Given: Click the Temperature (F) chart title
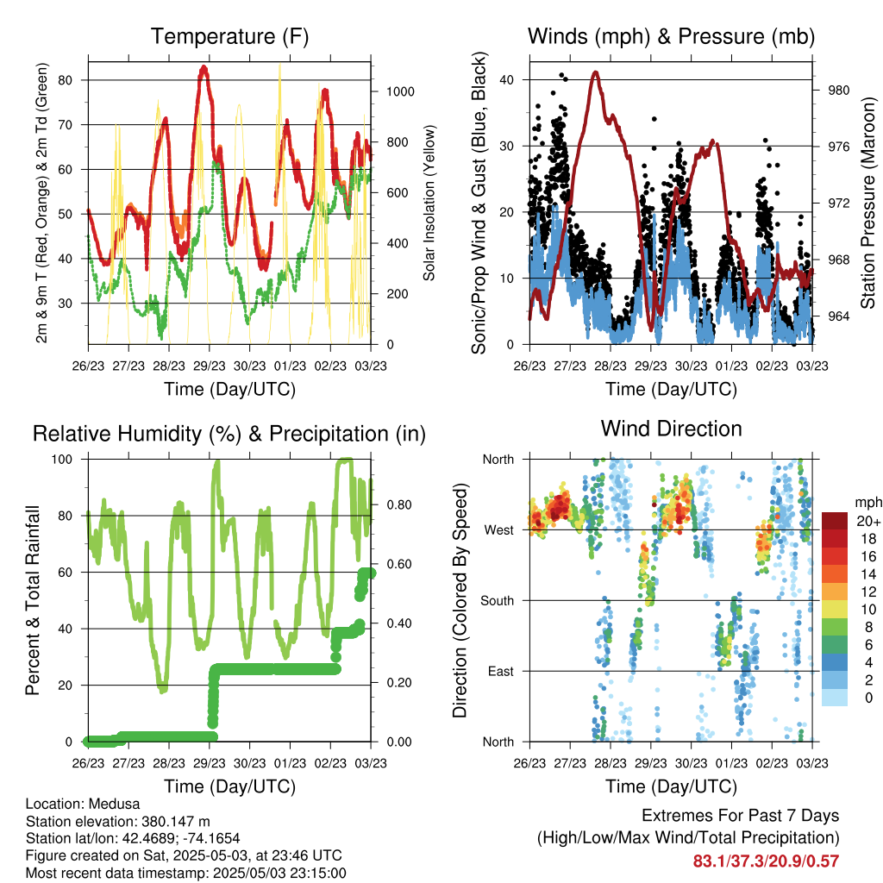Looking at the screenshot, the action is click(229, 36).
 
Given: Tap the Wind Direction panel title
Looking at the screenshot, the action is click(671, 429).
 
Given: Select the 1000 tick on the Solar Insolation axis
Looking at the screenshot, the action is click(400, 91).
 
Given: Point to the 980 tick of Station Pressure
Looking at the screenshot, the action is click(838, 90).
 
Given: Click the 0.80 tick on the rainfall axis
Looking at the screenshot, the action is click(399, 505).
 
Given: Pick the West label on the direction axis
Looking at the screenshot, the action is click(499, 530).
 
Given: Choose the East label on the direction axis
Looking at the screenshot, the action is click(501, 671).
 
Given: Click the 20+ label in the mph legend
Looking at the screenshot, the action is click(868, 521).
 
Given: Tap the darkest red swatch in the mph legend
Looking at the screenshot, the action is click(835, 521).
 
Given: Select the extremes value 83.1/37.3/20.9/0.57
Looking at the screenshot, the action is click(766, 861).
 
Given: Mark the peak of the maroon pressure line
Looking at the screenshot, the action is click(596, 72).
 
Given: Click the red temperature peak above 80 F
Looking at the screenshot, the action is click(204, 67).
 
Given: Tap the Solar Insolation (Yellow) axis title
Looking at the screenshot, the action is click(429, 203).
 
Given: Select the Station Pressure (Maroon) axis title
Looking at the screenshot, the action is click(867, 203).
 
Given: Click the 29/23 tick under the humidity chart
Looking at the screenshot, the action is click(210, 763).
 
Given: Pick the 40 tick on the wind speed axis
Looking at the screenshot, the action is click(506, 80).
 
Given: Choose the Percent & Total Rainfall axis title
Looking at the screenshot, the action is click(33, 600).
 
